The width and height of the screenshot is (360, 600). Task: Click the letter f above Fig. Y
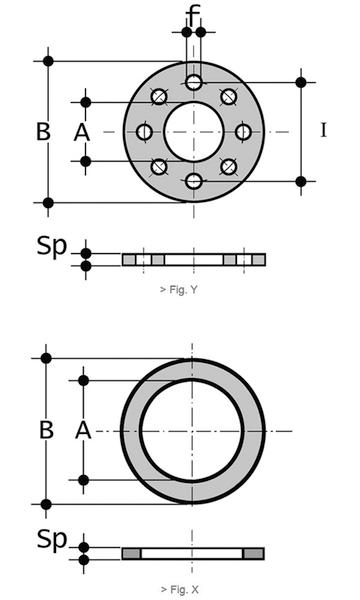[x=194, y=15]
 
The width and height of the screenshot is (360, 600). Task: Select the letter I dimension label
[x=324, y=131]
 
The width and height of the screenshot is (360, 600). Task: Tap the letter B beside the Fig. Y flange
[x=43, y=132]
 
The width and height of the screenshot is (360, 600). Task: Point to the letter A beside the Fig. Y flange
[x=81, y=133]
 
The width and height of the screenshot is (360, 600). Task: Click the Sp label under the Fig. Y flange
[x=52, y=246]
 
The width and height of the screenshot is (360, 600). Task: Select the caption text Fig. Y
[x=179, y=290]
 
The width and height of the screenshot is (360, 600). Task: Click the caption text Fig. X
[x=179, y=590]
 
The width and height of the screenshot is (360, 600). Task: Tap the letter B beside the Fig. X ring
[x=46, y=430]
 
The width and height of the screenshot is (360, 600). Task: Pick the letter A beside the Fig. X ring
[x=83, y=430]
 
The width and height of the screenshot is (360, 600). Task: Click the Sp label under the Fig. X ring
[x=52, y=539]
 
